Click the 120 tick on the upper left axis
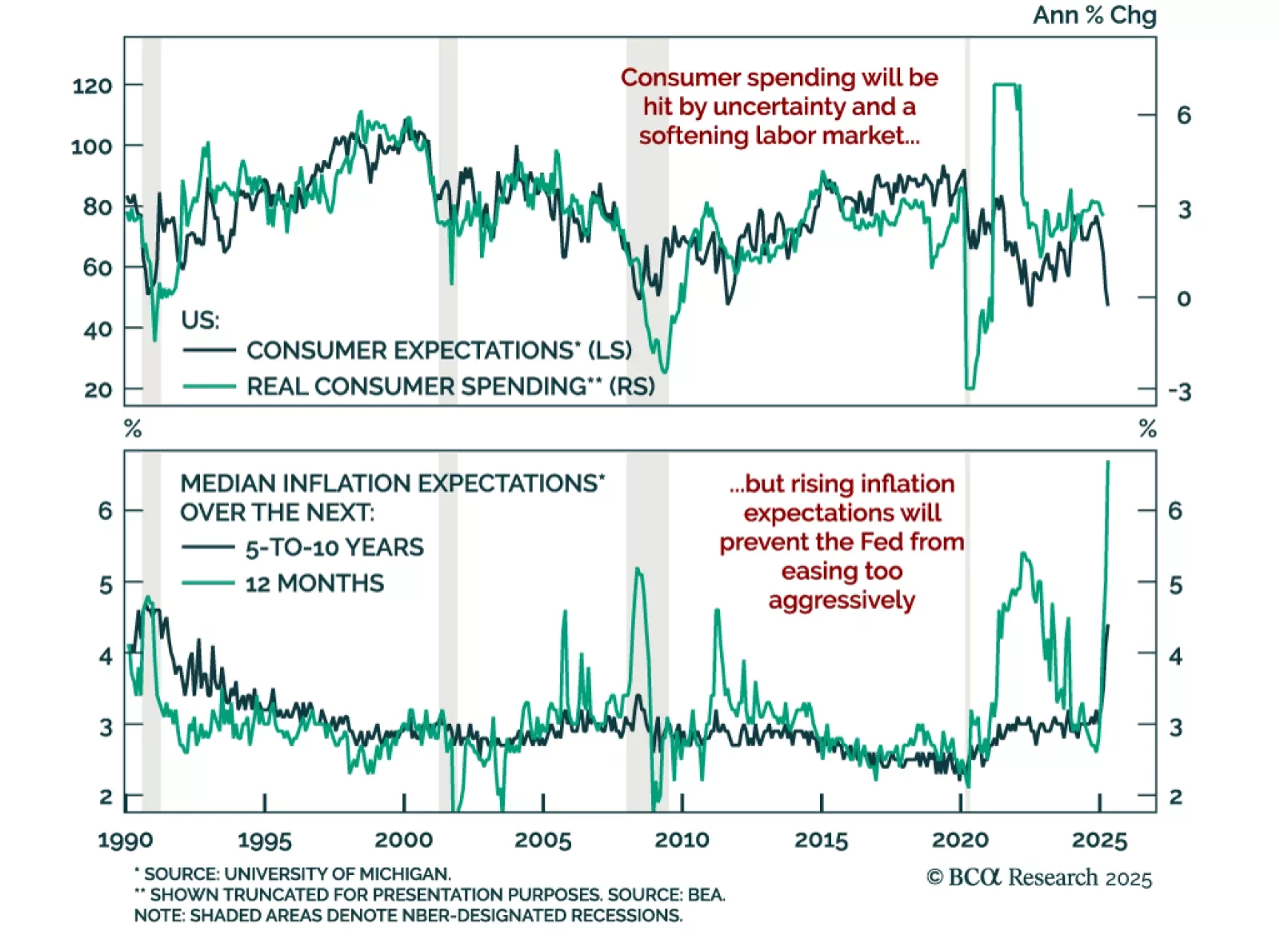(93, 86)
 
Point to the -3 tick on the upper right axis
(1180, 392)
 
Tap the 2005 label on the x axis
(542, 840)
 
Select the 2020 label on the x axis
(960, 840)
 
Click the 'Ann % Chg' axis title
(1094, 15)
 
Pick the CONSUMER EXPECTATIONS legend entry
(438, 350)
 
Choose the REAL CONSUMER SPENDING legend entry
(450, 386)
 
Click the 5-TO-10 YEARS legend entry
(334, 548)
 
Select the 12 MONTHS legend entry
(314, 583)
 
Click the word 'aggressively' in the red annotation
(842, 600)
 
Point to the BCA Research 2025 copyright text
(1039, 877)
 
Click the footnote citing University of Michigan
(293, 873)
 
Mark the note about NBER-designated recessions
(408, 915)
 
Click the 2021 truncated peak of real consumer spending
(1006, 84)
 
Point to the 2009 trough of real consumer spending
(664, 372)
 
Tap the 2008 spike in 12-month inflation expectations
(638, 569)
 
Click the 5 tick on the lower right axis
(1175, 585)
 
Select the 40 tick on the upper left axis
(98, 329)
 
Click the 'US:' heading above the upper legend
(200, 320)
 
